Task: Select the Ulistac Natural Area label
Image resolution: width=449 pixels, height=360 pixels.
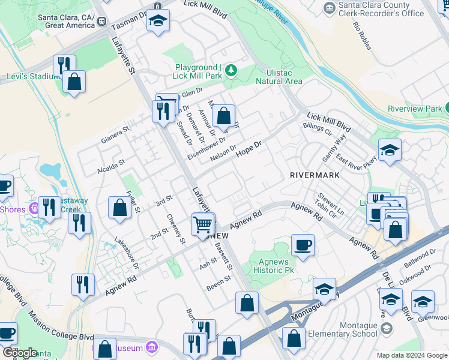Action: coord(279,77)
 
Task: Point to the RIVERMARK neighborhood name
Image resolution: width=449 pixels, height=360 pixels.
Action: coord(315,175)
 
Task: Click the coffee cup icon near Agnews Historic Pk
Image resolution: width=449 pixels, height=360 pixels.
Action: coord(303,245)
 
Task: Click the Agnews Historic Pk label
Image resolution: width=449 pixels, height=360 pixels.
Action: coord(279,265)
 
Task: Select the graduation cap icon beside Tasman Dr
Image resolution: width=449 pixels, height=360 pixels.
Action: coord(158,22)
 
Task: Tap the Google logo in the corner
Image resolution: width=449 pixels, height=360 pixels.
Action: coord(20,353)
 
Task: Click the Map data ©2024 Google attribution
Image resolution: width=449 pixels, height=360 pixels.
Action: coord(411,355)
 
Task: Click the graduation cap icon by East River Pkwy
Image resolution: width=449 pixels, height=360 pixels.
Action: coord(390,150)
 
